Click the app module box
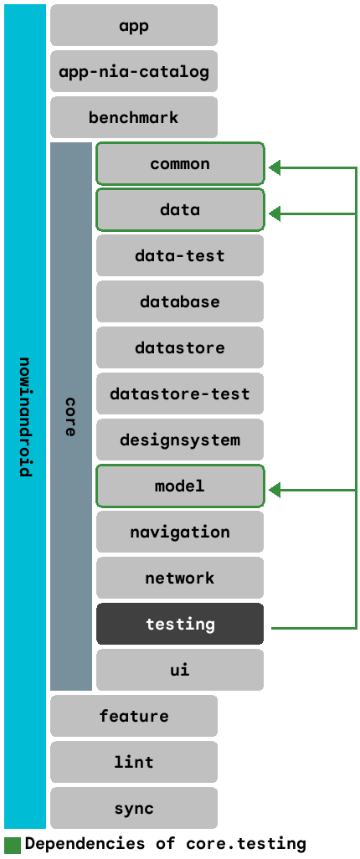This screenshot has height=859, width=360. tap(134, 25)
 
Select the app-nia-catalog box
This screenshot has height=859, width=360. tap(134, 71)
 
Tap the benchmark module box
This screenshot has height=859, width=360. tap(134, 117)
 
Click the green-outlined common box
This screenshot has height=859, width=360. tap(180, 163)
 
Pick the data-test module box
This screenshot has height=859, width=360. tap(180, 255)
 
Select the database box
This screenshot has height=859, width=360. tap(180, 301)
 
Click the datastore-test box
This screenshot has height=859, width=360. tap(180, 393)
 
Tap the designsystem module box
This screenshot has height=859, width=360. tap(180, 440)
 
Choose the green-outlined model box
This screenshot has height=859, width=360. tap(180, 486)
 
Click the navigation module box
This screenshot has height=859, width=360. tap(180, 532)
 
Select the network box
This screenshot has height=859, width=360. tap(180, 578)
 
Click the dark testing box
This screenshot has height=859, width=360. tap(180, 624)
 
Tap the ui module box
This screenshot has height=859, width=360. tap(180, 670)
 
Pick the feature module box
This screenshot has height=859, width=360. tap(134, 716)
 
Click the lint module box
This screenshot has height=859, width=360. tap(134, 762)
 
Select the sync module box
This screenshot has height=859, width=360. tap(134, 808)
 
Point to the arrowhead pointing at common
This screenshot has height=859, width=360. tap(275, 168)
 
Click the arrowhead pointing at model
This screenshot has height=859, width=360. tap(275, 491)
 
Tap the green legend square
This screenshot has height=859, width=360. tap(12, 844)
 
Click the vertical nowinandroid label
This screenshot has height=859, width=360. tap(25, 417)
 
